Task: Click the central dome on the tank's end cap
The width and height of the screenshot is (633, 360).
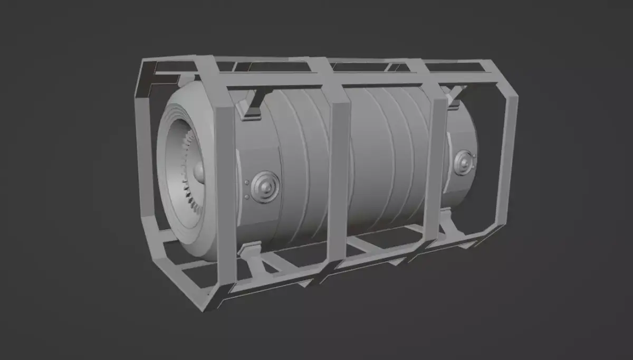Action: coord(198,170)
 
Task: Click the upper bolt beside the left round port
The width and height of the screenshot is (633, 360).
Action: coord(246,183)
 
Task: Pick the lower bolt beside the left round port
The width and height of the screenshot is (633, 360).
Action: coord(246,197)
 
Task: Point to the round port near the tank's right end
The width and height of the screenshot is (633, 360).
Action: coord(463,162)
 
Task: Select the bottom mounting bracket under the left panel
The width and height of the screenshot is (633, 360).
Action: coord(252,249)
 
